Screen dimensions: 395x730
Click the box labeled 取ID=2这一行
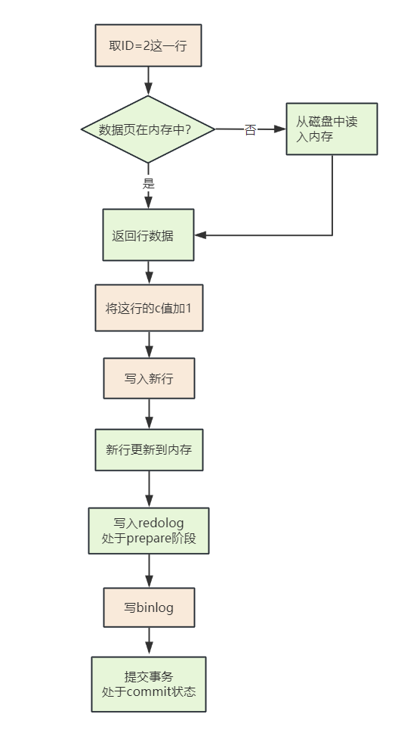click(148, 45)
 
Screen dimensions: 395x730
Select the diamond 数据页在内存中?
click(148, 129)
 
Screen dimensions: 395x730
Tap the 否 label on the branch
click(250, 130)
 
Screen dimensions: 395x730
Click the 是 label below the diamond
click(148, 183)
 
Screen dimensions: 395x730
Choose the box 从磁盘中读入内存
click(332, 129)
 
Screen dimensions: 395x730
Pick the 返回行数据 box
click(148, 235)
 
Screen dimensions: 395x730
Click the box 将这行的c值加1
click(150, 308)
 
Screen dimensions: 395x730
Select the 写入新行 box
click(150, 378)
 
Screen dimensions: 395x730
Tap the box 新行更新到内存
click(150, 450)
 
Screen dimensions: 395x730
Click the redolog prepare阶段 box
click(149, 531)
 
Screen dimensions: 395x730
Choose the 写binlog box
click(150, 607)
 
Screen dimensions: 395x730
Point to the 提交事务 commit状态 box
click(149, 685)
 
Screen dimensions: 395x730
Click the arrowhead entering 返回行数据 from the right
click(200, 235)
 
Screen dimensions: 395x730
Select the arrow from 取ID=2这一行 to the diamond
click(148, 81)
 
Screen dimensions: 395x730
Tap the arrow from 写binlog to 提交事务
click(150, 641)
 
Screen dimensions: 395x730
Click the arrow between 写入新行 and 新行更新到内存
click(150, 414)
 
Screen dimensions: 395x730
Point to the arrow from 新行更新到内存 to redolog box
click(150, 489)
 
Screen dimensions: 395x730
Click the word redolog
click(161, 523)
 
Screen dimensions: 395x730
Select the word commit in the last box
click(149, 691)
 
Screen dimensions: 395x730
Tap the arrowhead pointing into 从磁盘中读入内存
click(279, 129)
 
